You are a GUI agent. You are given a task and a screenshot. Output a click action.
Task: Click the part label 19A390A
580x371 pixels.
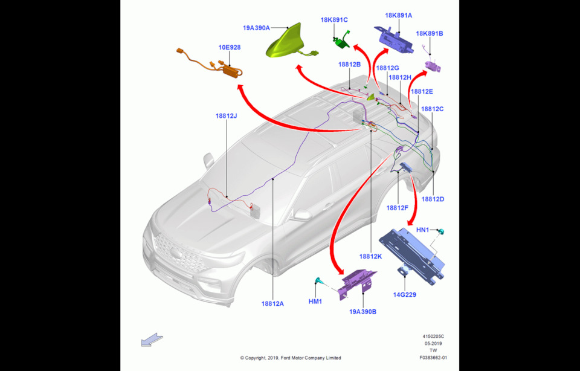click(256, 28)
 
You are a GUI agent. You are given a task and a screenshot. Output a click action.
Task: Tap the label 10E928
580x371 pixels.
click(230, 47)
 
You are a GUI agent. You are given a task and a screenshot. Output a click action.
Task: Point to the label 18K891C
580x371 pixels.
click(334, 20)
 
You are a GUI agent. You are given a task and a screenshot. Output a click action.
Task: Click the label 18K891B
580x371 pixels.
click(430, 34)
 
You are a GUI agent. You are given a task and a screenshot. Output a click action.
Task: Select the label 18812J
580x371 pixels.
click(226, 115)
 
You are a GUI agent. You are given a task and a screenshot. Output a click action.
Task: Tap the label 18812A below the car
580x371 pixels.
click(272, 303)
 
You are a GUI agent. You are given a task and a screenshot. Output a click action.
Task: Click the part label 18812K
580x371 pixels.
click(371, 256)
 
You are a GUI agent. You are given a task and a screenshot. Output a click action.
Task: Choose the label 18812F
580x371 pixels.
click(398, 207)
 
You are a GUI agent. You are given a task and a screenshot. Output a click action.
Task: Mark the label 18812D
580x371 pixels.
click(433, 199)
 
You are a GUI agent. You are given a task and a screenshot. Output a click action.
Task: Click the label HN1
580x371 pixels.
click(423, 230)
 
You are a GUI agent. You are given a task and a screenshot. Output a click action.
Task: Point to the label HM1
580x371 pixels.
click(316, 301)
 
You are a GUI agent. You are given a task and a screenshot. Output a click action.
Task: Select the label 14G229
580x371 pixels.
click(404, 295)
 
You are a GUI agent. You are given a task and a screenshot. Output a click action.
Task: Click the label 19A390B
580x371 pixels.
click(362, 312)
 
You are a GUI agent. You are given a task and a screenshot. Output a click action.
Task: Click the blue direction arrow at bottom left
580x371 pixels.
click(152, 340)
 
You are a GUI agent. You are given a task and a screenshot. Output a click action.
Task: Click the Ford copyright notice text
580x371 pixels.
click(290, 358)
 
